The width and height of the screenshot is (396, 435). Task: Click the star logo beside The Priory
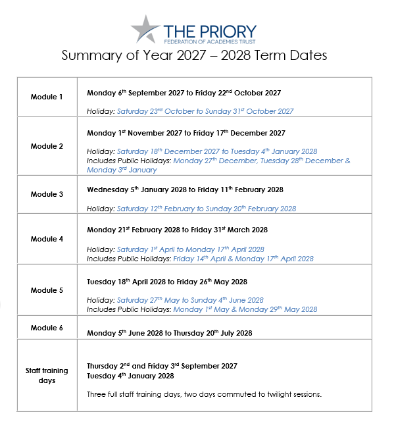click(145, 29)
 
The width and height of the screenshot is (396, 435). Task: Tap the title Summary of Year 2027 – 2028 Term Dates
click(194, 56)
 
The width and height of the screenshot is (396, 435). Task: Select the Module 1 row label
click(47, 97)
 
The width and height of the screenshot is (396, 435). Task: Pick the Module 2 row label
click(47, 145)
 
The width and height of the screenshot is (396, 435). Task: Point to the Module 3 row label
click(47, 194)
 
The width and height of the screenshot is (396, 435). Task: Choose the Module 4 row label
click(47, 239)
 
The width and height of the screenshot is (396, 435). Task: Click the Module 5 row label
click(47, 290)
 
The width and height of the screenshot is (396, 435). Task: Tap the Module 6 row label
click(47, 327)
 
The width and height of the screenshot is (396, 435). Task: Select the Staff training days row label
click(47, 375)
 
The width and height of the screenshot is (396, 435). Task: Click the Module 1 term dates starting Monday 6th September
click(184, 93)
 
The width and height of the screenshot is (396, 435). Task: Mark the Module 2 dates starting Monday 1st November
click(186, 133)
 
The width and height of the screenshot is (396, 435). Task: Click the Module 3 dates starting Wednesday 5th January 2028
click(185, 190)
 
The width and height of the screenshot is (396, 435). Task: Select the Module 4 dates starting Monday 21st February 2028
click(177, 230)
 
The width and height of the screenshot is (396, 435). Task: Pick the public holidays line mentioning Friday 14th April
click(200, 259)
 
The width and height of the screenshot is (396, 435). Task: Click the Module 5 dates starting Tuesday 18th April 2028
click(167, 282)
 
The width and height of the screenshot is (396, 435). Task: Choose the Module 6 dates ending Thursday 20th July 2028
click(169, 333)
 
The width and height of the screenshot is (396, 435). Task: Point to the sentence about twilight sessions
click(204, 394)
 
